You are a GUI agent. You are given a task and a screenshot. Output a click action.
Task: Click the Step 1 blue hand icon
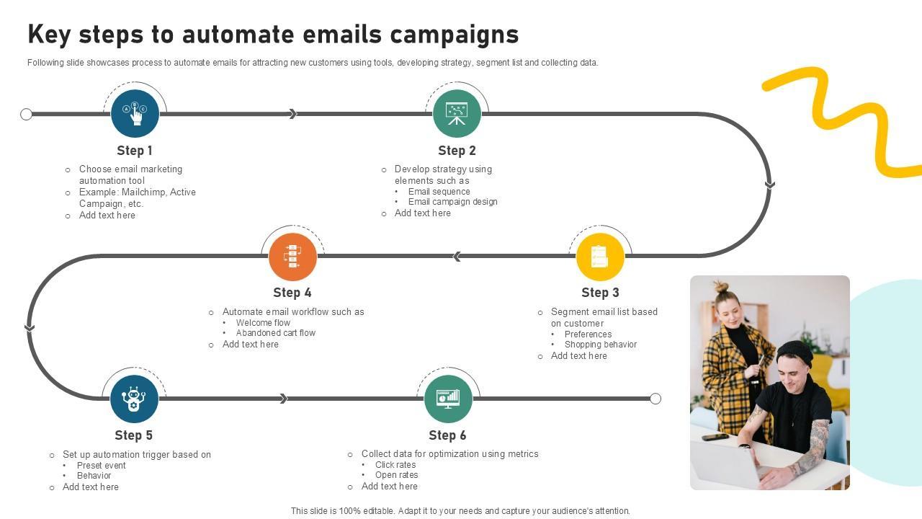click(x=135, y=113)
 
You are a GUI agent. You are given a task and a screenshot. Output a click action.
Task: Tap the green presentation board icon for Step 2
click(x=457, y=113)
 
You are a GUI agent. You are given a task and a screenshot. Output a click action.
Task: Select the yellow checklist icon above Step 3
click(x=600, y=256)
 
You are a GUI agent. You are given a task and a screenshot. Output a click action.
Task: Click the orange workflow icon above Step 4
click(x=292, y=256)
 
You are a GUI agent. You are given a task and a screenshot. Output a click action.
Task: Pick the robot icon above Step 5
click(x=134, y=399)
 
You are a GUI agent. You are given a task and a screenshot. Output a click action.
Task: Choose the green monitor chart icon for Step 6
click(x=448, y=399)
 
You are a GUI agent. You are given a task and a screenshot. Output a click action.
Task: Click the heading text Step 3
click(x=600, y=293)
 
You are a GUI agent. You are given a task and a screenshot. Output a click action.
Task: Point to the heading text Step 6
click(x=447, y=435)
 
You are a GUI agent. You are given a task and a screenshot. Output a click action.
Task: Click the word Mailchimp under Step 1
click(x=143, y=192)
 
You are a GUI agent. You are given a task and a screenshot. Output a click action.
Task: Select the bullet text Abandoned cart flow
click(x=275, y=333)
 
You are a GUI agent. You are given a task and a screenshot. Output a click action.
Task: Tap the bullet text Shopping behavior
click(x=600, y=345)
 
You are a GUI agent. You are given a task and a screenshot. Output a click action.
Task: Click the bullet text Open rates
click(x=396, y=475)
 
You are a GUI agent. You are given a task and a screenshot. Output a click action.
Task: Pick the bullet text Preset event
click(x=101, y=466)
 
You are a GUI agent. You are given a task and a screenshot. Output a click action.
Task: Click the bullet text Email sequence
click(x=439, y=192)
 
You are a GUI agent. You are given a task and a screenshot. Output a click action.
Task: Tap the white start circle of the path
click(x=27, y=114)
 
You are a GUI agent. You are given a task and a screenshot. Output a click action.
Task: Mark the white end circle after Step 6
click(x=655, y=399)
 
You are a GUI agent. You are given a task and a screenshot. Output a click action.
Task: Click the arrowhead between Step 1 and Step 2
click(x=292, y=114)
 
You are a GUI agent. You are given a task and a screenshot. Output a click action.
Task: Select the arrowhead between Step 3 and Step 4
click(x=457, y=257)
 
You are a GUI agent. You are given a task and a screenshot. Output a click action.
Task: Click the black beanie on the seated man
click(x=795, y=352)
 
